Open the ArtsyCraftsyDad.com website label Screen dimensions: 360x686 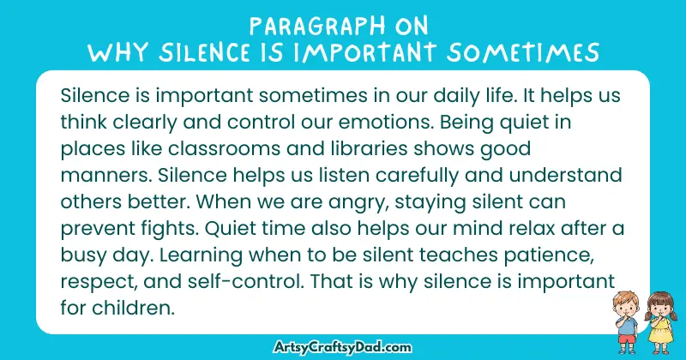(343, 345)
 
